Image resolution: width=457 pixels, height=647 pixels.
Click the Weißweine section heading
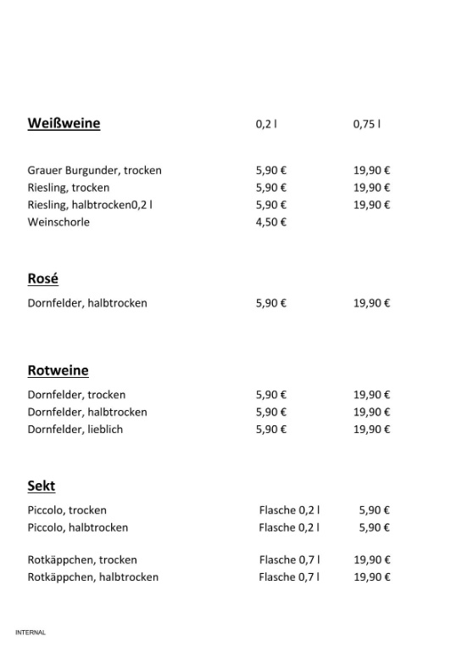pos(64,123)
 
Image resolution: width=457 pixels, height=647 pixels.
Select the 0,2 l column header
pos(266,124)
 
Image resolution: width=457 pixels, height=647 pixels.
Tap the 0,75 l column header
pos(366,124)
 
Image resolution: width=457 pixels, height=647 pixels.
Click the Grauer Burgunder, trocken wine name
pos(94,170)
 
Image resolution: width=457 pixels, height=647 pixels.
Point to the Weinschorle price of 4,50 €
pos(270,222)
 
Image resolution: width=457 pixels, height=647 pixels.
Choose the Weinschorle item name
pos(59,222)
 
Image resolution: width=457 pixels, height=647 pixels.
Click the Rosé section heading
pos(42,278)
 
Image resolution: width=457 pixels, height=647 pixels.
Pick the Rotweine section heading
pos(58,370)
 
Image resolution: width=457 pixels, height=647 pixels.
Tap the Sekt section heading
pos(42,486)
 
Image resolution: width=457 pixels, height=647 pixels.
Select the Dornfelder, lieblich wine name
pos(75,429)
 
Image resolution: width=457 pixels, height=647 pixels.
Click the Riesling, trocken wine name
pos(69,188)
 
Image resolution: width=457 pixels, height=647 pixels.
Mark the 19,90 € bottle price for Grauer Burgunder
pos(371,170)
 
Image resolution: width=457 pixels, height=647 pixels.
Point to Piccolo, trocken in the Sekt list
pos(67,510)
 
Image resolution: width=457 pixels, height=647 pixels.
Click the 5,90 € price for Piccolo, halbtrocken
pos(374,527)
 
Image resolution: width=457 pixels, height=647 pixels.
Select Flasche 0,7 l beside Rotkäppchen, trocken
pos(289,560)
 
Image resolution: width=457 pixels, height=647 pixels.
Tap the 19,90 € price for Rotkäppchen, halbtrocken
pos(371,577)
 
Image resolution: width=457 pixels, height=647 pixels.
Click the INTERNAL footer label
pos(30,633)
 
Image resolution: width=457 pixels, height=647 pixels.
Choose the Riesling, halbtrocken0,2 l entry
pos(90,205)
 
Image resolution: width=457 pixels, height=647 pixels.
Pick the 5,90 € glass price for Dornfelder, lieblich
pos(270,429)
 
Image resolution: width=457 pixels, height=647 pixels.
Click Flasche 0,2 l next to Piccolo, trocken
pos(289,510)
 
